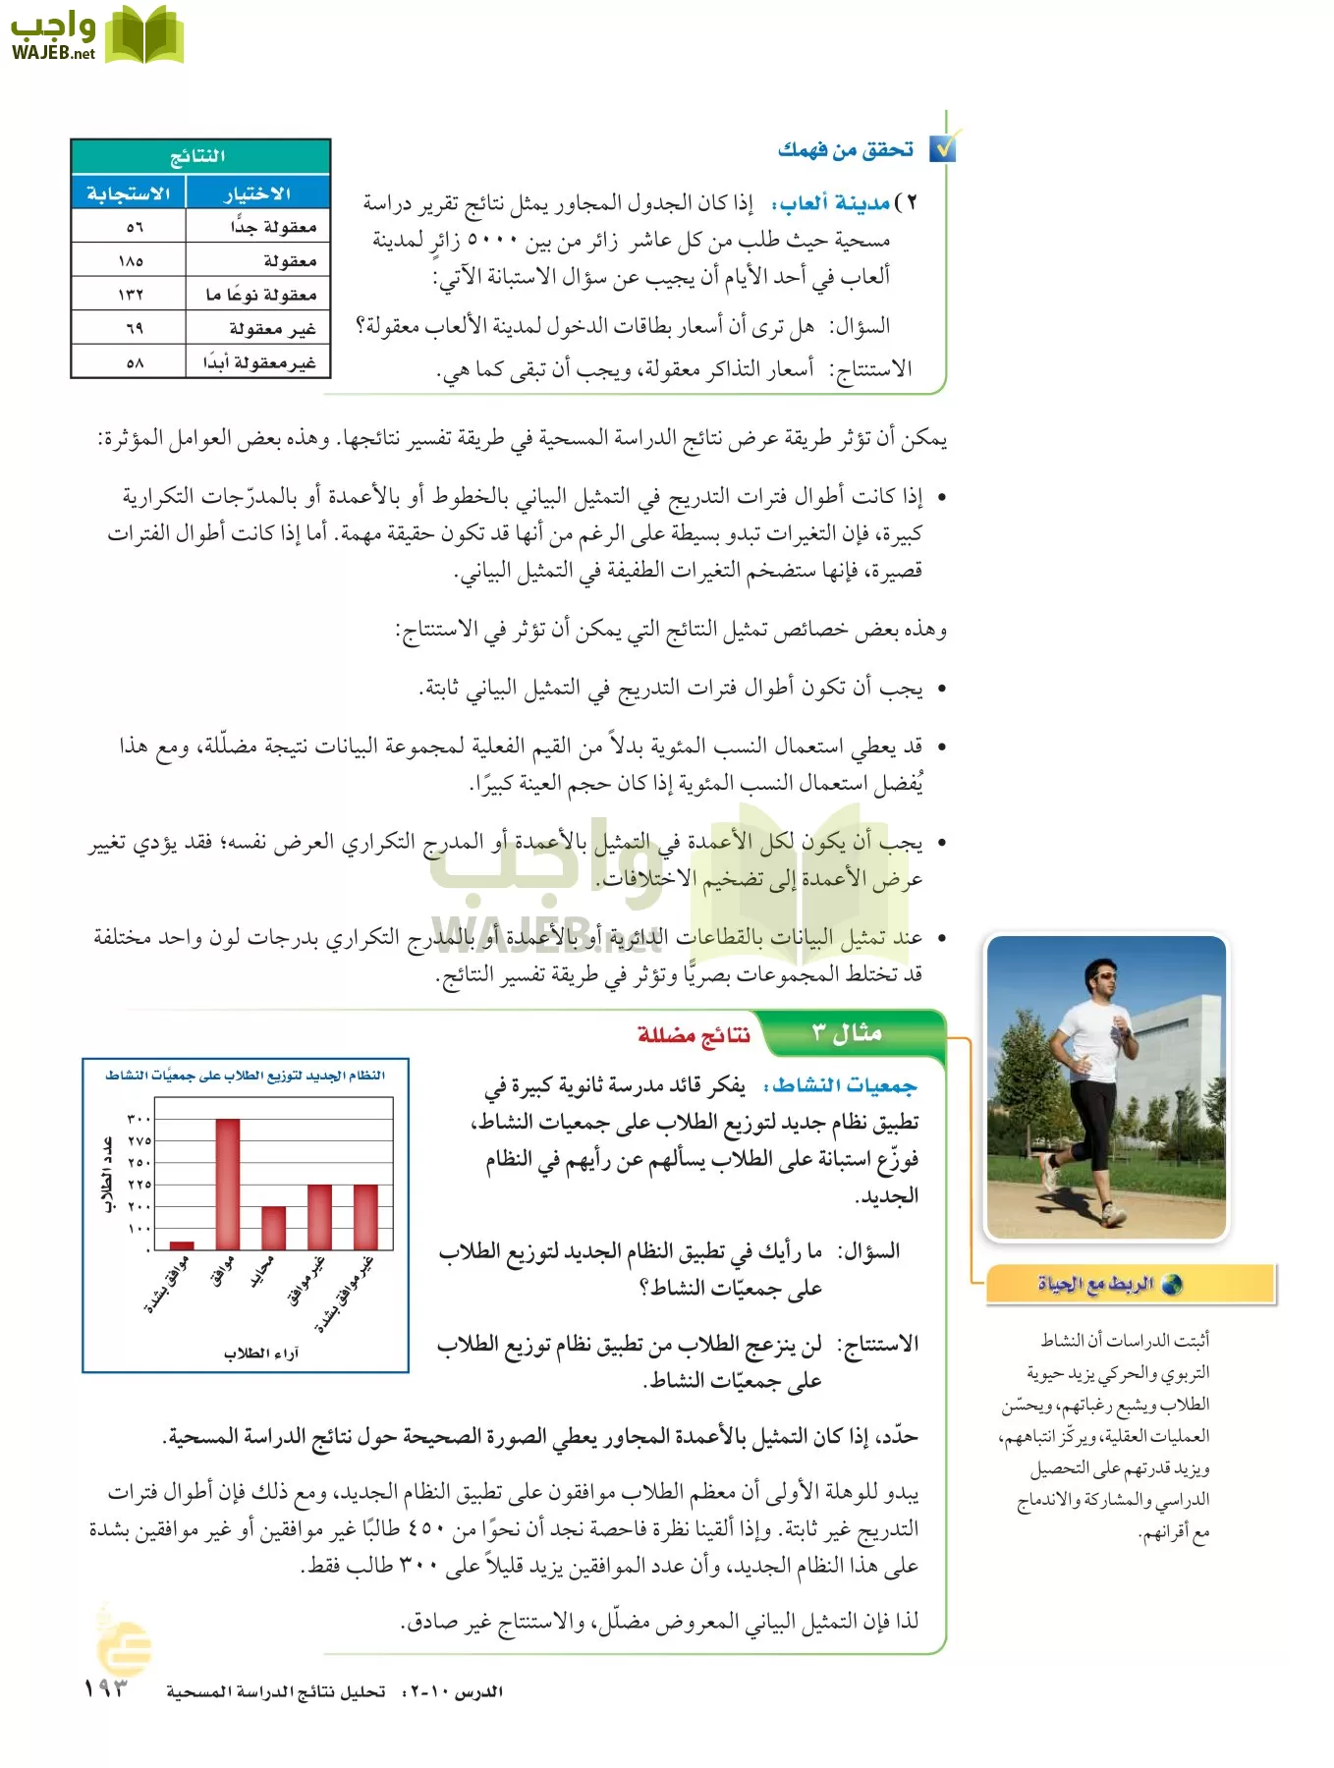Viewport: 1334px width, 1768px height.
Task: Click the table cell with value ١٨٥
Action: (131, 261)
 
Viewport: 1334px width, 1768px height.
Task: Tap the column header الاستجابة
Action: (129, 193)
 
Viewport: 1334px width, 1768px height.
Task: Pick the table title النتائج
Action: (199, 156)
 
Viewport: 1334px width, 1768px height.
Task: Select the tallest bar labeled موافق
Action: (227, 1184)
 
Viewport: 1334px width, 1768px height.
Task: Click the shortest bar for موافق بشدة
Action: (182, 1244)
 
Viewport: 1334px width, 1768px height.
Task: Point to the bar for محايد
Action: (274, 1228)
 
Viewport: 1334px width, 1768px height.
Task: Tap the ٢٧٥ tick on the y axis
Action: (139, 1141)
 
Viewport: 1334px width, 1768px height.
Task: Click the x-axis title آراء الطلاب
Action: (261, 1354)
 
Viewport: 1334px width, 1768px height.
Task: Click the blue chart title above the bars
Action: (246, 1076)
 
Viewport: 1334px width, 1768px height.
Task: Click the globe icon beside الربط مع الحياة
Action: (1171, 1285)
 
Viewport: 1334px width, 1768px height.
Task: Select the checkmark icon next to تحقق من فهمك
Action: (943, 147)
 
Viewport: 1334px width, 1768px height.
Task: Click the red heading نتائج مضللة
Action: (694, 1034)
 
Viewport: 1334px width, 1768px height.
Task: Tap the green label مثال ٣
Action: (847, 1033)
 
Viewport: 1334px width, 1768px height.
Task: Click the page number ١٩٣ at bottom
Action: (106, 1689)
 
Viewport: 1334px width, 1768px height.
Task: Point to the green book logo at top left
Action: (144, 36)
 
